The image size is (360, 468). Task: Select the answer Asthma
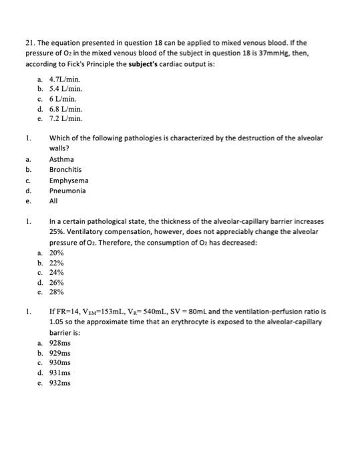[61, 159]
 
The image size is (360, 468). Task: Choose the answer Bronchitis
[65, 170]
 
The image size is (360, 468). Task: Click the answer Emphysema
[68, 181]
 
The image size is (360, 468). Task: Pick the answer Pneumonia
[67, 191]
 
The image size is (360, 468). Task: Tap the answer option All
[53, 201]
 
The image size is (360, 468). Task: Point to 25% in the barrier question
[58, 231]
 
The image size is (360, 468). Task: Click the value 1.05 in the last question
[57, 321]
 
